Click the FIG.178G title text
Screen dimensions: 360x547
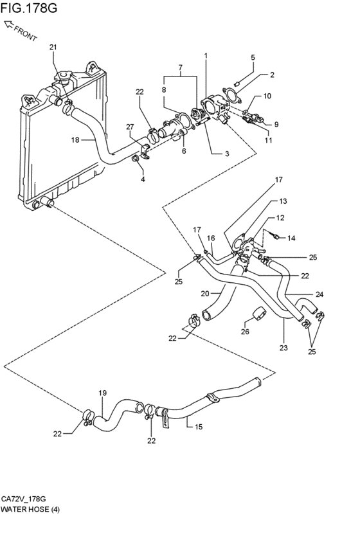(28, 7)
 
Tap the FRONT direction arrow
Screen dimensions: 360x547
(10, 25)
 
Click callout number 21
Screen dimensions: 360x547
(53, 47)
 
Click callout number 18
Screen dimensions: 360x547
(75, 140)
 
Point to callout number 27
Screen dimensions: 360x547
(130, 127)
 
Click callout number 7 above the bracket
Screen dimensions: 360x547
(181, 67)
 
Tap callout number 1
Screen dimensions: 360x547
(206, 55)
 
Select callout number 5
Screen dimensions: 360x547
(253, 58)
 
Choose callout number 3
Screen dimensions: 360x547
(227, 153)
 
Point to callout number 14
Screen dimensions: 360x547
(291, 238)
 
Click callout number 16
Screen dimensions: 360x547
(211, 238)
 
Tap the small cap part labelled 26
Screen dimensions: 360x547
(258, 313)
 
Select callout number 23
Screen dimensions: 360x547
(283, 348)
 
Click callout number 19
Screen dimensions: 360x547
(102, 393)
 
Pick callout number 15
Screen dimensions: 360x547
(199, 427)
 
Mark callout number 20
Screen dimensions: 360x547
(205, 294)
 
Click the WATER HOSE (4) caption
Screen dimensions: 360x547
(30, 509)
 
